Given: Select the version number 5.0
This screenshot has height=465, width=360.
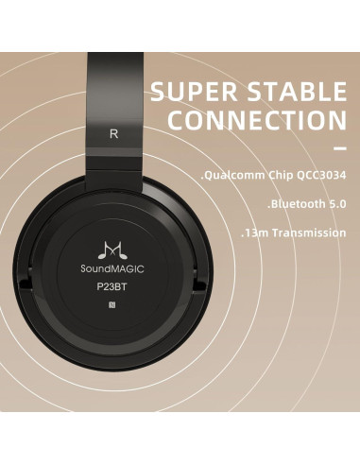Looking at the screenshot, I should [336, 204].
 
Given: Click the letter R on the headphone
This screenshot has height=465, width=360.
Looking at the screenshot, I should [114, 133].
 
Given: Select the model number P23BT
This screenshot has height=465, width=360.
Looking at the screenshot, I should [114, 287].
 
